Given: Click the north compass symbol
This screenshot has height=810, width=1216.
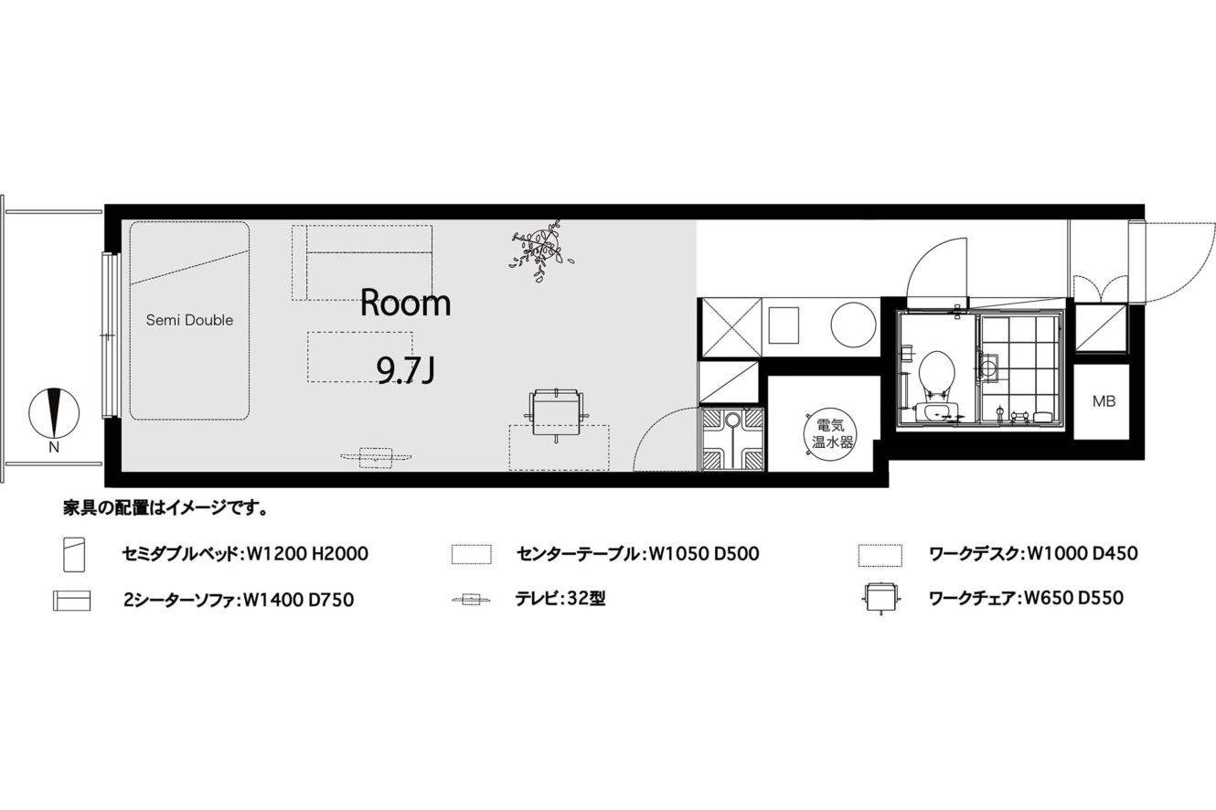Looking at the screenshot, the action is pyautogui.click(x=54, y=413).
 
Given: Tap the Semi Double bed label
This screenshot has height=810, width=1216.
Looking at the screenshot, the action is pyautogui.click(x=189, y=320).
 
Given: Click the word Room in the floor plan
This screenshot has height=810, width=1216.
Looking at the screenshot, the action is pyautogui.click(x=406, y=303).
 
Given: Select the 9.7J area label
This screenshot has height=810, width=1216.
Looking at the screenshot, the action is pyautogui.click(x=406, y=372).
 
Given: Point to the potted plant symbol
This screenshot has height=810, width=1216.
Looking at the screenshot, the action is pyautogui.click(x=541, y=250).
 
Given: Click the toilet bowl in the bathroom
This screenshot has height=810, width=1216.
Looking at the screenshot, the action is pyautogui.click(x=936, y=374).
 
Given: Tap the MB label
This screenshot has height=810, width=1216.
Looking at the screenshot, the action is pyautogui.click(x=1104, y=401).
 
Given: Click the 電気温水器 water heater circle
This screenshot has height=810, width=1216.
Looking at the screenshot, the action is pyautogui.click(x=831, y=432).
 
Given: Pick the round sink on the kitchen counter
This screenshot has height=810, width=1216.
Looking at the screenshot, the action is pyautogui.click(x=853, y=325).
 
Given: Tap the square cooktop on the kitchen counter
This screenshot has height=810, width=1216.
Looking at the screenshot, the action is pyautogui.click(x=784, y=325).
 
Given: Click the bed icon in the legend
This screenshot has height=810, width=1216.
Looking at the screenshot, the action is pyautogui.click(x=74, y=554).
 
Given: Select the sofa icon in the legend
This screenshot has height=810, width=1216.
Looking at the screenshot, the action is pyautogui.click(x=71, y=601).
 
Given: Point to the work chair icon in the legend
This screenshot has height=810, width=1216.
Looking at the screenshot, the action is pyautogui.click(x=881, y=598).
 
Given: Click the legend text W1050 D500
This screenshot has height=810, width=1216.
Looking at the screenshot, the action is pyautogui.click(x=704, y=554).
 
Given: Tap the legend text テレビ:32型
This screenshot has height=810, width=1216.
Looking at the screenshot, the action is pyautogui.click(x=560, y=598).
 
